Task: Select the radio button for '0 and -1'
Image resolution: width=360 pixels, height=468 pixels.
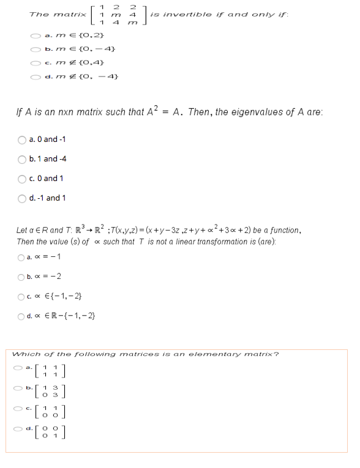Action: (23, 139)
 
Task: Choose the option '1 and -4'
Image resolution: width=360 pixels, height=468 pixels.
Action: (23, 158)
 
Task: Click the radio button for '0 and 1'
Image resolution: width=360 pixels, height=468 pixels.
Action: (23, 178)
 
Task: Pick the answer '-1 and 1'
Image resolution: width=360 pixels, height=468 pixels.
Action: (23, 198)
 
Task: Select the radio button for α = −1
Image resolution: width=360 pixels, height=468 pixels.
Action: (23, 256)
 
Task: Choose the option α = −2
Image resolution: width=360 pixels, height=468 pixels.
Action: (23, 277)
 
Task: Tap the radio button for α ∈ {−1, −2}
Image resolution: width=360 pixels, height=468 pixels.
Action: (23, 297)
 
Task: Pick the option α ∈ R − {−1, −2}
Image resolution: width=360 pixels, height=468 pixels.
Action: (23, 316)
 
